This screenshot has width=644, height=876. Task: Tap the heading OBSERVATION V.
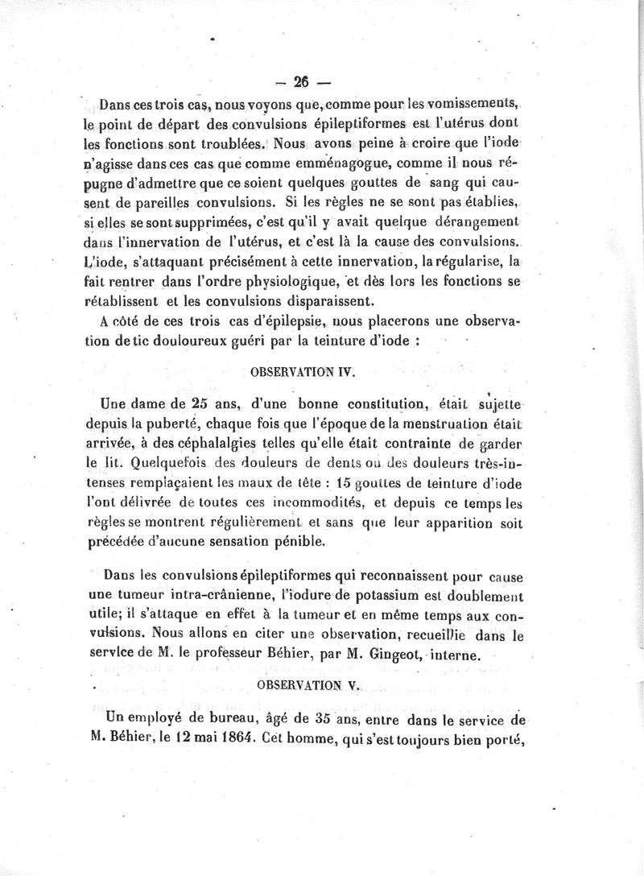click(x=308, y=684)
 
